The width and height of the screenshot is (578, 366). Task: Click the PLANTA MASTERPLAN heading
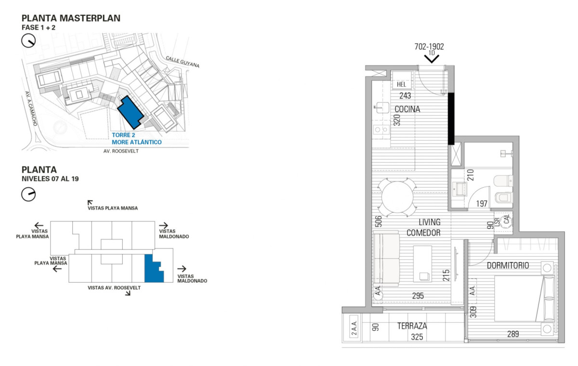tap(71, 18)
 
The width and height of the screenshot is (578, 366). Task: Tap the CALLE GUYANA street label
tap(182, 61)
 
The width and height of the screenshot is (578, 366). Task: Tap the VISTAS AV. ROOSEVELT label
tap(114, 288)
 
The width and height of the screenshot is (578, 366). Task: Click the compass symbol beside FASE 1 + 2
tap(29, 42)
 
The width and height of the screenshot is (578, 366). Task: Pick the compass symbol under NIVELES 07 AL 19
tap(29, 194)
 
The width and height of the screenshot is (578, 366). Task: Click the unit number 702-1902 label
tap(429, 47)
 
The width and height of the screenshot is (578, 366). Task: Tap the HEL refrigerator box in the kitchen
tap(402, 84)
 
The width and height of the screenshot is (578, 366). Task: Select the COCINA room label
tap(407, 109)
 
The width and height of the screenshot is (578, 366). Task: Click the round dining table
tap(397, 197)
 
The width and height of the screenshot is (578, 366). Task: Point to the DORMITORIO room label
tap(508, 265)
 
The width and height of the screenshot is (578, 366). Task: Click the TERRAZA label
tap(412, 326)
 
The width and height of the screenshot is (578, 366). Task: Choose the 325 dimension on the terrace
tap(417, 337)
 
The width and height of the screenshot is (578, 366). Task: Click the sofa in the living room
tap(386, 258)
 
